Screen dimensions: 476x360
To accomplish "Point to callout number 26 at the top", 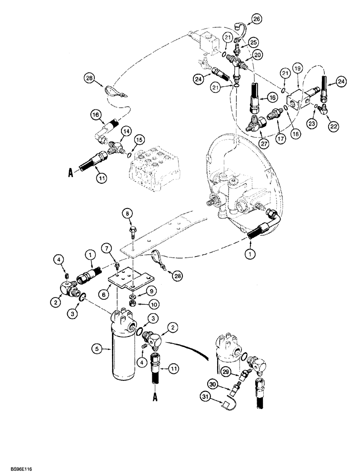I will tap(257, 19).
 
